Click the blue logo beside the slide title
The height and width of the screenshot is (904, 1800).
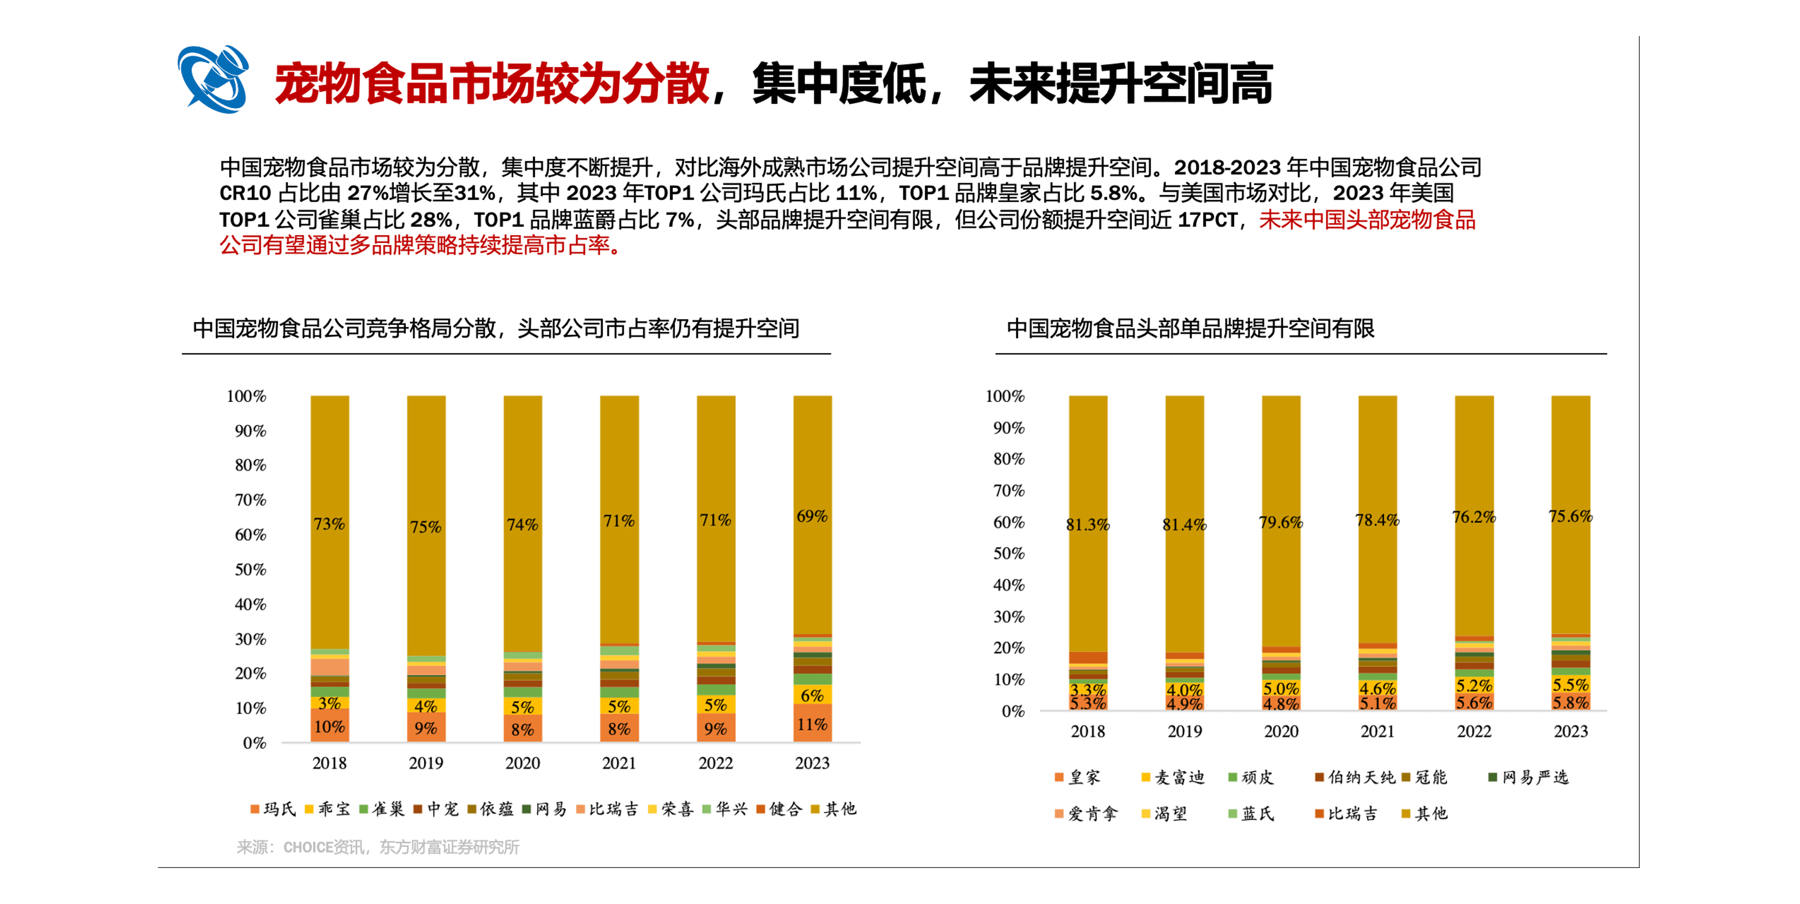tap(213, 79)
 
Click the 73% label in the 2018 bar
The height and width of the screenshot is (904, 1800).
tap(329, 524)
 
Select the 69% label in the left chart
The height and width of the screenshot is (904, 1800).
tap(812, 516)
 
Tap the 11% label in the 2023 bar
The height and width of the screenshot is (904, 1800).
tap(812, 724)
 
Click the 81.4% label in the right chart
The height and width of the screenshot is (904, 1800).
tap(1185, 525)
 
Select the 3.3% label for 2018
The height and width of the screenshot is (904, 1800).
tap(1088, 690)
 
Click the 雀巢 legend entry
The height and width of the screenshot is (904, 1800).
tap(382, 809)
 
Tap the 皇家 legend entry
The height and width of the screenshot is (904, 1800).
tap(1078, 777)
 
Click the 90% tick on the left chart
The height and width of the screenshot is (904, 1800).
tap(250, 431)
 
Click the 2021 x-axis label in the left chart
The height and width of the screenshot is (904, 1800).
tap(619, 763)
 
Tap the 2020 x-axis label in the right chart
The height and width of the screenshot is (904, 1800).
tap(1281, 732)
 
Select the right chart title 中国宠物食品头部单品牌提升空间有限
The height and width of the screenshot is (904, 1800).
tap(1190, 328)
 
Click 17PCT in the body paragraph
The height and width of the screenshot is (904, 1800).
tap(1207, 220)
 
